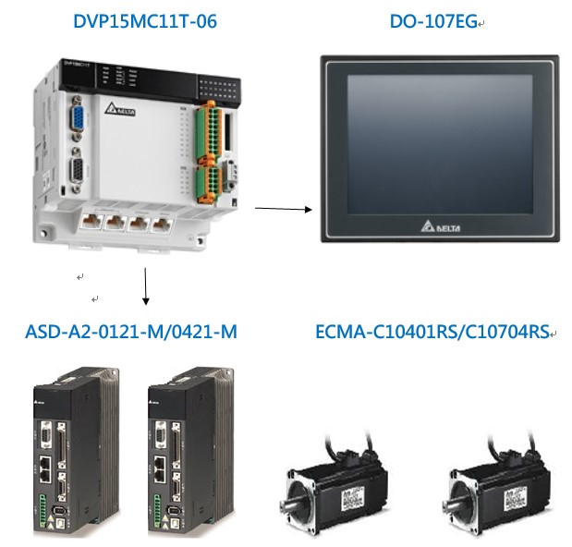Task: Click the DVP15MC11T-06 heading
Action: tap(145, 20)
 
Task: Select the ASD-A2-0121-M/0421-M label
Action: tap(130, 331)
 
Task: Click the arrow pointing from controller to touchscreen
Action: tap(282, 210)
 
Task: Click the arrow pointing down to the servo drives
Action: tap(146, 286)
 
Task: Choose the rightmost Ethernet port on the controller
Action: tap(164, 222)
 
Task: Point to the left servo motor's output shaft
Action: tap(288, 501)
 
